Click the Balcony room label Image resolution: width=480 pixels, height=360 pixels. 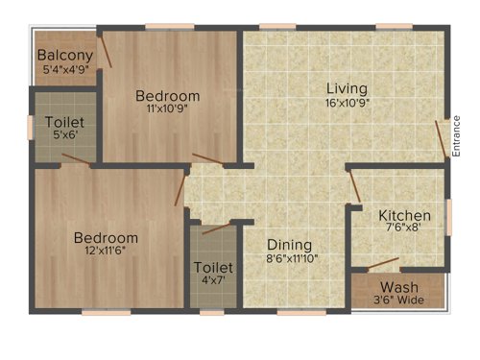(x=65, y=56)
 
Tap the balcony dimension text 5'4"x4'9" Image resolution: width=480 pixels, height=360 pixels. (x=65, y=69)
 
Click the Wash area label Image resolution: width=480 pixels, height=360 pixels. (x=398, y=288)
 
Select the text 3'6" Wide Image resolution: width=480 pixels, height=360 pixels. (x=398, y=300)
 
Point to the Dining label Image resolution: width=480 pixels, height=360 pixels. (x=289, y=244)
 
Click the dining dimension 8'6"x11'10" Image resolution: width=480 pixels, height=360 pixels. (x=292, y=257)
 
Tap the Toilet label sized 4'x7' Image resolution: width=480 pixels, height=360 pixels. (x=211, y=267)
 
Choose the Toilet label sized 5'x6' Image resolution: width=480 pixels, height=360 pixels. (x=64, y=123)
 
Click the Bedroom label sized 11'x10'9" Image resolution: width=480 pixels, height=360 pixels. (x=167, y=95)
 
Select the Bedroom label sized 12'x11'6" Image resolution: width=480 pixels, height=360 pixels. (x=106, y=237)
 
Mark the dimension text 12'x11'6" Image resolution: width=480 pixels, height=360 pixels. (x=106, y=251)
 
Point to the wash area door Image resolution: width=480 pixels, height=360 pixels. (x=383, y=263)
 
